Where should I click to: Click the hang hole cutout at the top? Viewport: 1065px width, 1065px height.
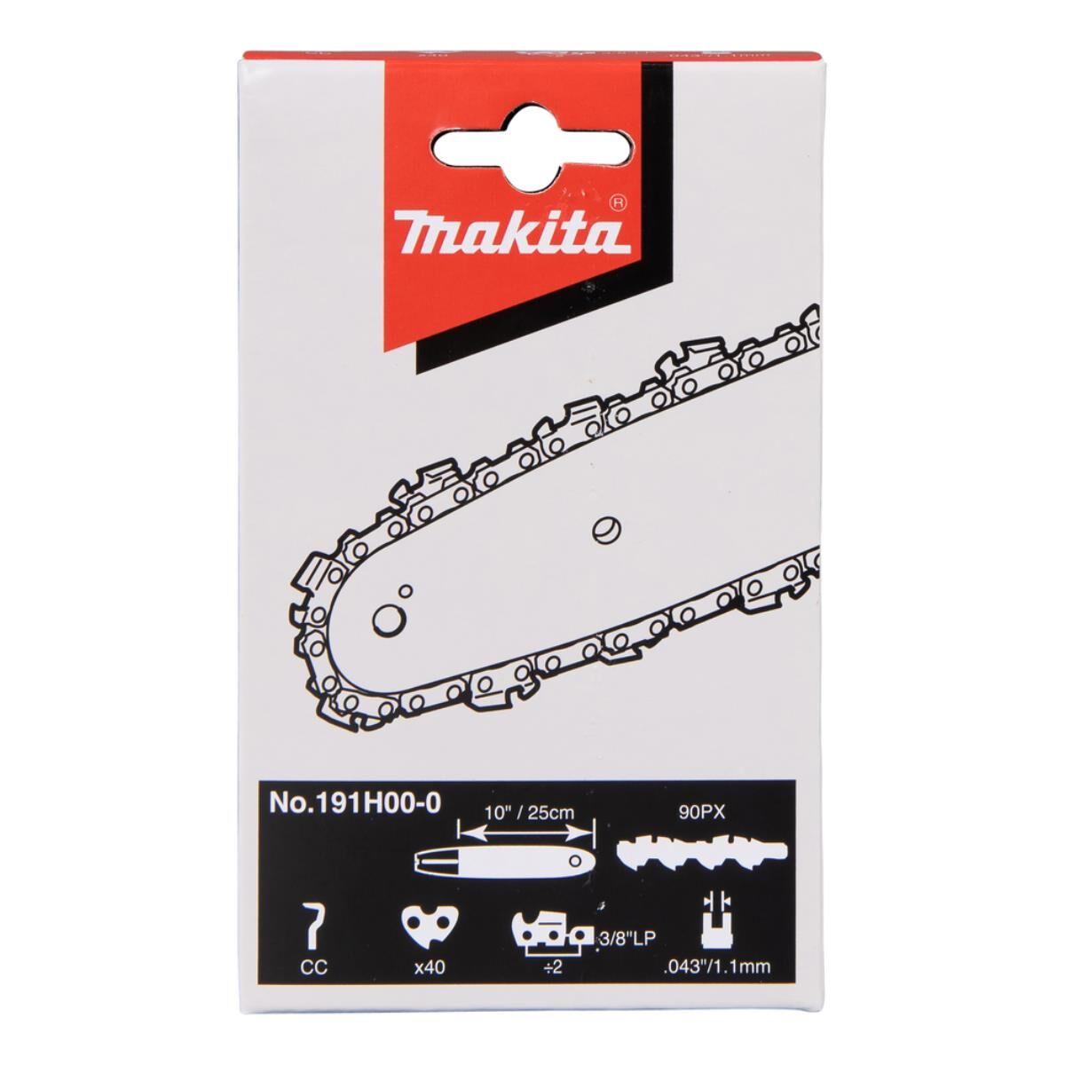532,144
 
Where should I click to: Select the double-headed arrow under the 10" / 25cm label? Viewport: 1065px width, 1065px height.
524,832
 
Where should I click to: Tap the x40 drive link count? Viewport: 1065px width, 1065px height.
430,966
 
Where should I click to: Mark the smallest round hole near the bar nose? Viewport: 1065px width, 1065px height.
406,589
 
